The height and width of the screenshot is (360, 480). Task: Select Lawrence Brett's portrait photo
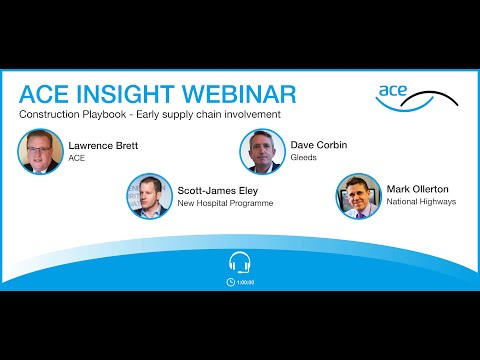40,151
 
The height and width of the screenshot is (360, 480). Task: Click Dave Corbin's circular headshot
262,151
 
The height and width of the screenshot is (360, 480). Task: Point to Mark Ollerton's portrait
358,196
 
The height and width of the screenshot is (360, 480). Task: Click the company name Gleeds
304,158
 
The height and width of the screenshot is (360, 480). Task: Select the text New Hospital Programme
226,203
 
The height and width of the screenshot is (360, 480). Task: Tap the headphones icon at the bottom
240,263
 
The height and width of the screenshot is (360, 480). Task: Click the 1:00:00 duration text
245,282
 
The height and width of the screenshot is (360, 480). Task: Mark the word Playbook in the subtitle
99,115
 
